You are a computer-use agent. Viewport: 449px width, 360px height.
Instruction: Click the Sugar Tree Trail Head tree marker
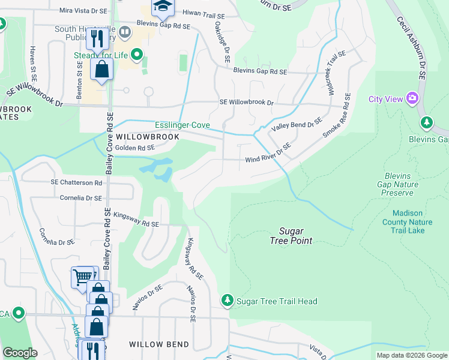click(x=227, y=300)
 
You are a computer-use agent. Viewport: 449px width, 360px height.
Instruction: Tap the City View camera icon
click(x=412, y=98)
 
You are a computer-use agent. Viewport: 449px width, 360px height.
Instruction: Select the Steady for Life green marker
click(x=137, y=56)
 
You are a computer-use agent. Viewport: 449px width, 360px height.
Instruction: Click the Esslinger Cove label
click(x=182, y=125)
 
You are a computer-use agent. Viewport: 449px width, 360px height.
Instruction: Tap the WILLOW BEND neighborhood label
click(x=159, y=344)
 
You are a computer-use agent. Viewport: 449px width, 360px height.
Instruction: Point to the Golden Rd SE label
click(x=135, y=148)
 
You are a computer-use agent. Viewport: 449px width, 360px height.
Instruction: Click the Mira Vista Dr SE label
click(x=83, y=11)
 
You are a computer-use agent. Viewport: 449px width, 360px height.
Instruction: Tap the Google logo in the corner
click(x=20, y=353)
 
